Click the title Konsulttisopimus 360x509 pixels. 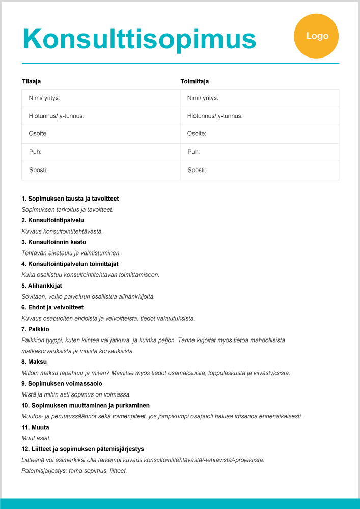(x=139, y=38)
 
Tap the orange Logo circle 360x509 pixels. (x=317, y=36)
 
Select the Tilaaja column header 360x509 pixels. (x=32, y=81)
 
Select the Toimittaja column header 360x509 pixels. (x=195, y=81)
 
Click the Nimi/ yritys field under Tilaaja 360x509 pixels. (x=101, y=98)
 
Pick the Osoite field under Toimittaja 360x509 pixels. (x=259, y=134)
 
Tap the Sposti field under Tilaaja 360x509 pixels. (x=101, y=170)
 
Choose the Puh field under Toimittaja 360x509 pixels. (x=259, y=152)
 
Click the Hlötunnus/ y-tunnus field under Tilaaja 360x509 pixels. (x=101, y=116)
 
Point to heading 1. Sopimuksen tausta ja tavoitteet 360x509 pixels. (x=70, y=199)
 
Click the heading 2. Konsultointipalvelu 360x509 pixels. (x=53, y=220)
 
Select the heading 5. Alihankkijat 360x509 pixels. (x=42, y=286)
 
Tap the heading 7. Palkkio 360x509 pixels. (x=36, y=329)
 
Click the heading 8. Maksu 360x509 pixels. (x=34, y=362)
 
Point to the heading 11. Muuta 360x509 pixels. (x=36, y=427)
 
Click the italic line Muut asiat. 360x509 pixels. (x=36, y=438)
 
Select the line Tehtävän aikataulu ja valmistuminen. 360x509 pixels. (x=71, y=253)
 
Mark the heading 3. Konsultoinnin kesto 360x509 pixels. (x=54, y=242)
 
